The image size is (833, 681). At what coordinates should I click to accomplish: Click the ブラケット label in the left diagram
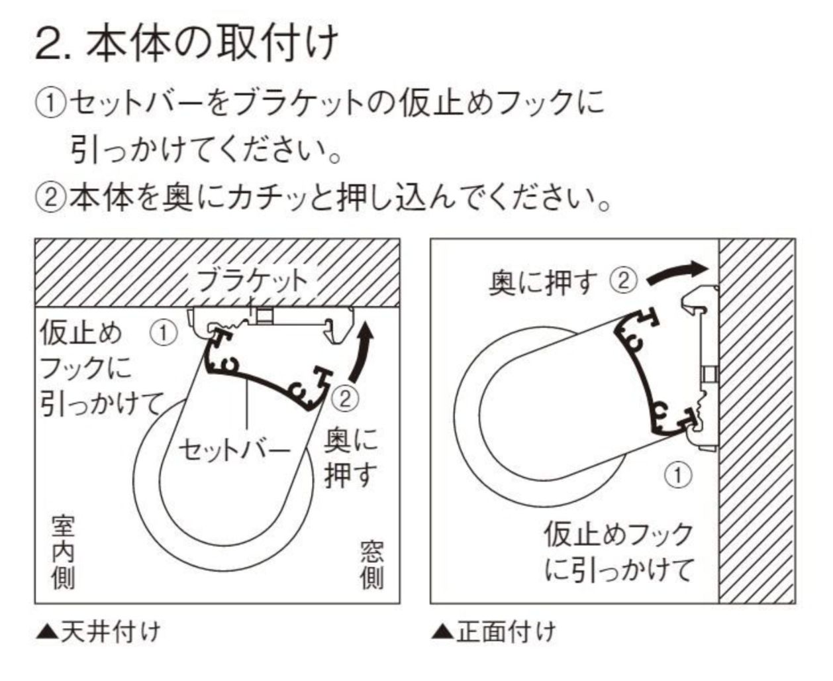(x=253, y=280)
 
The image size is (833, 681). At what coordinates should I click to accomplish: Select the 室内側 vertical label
(x=64, y=554)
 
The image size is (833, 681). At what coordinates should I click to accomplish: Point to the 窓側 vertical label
(x=371, y=565)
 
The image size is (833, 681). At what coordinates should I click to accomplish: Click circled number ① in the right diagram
(x=678, y=475)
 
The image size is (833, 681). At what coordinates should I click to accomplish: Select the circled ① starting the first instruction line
(x=50, y=104)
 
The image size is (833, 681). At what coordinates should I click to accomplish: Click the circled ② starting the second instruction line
(x=50, y=197)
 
